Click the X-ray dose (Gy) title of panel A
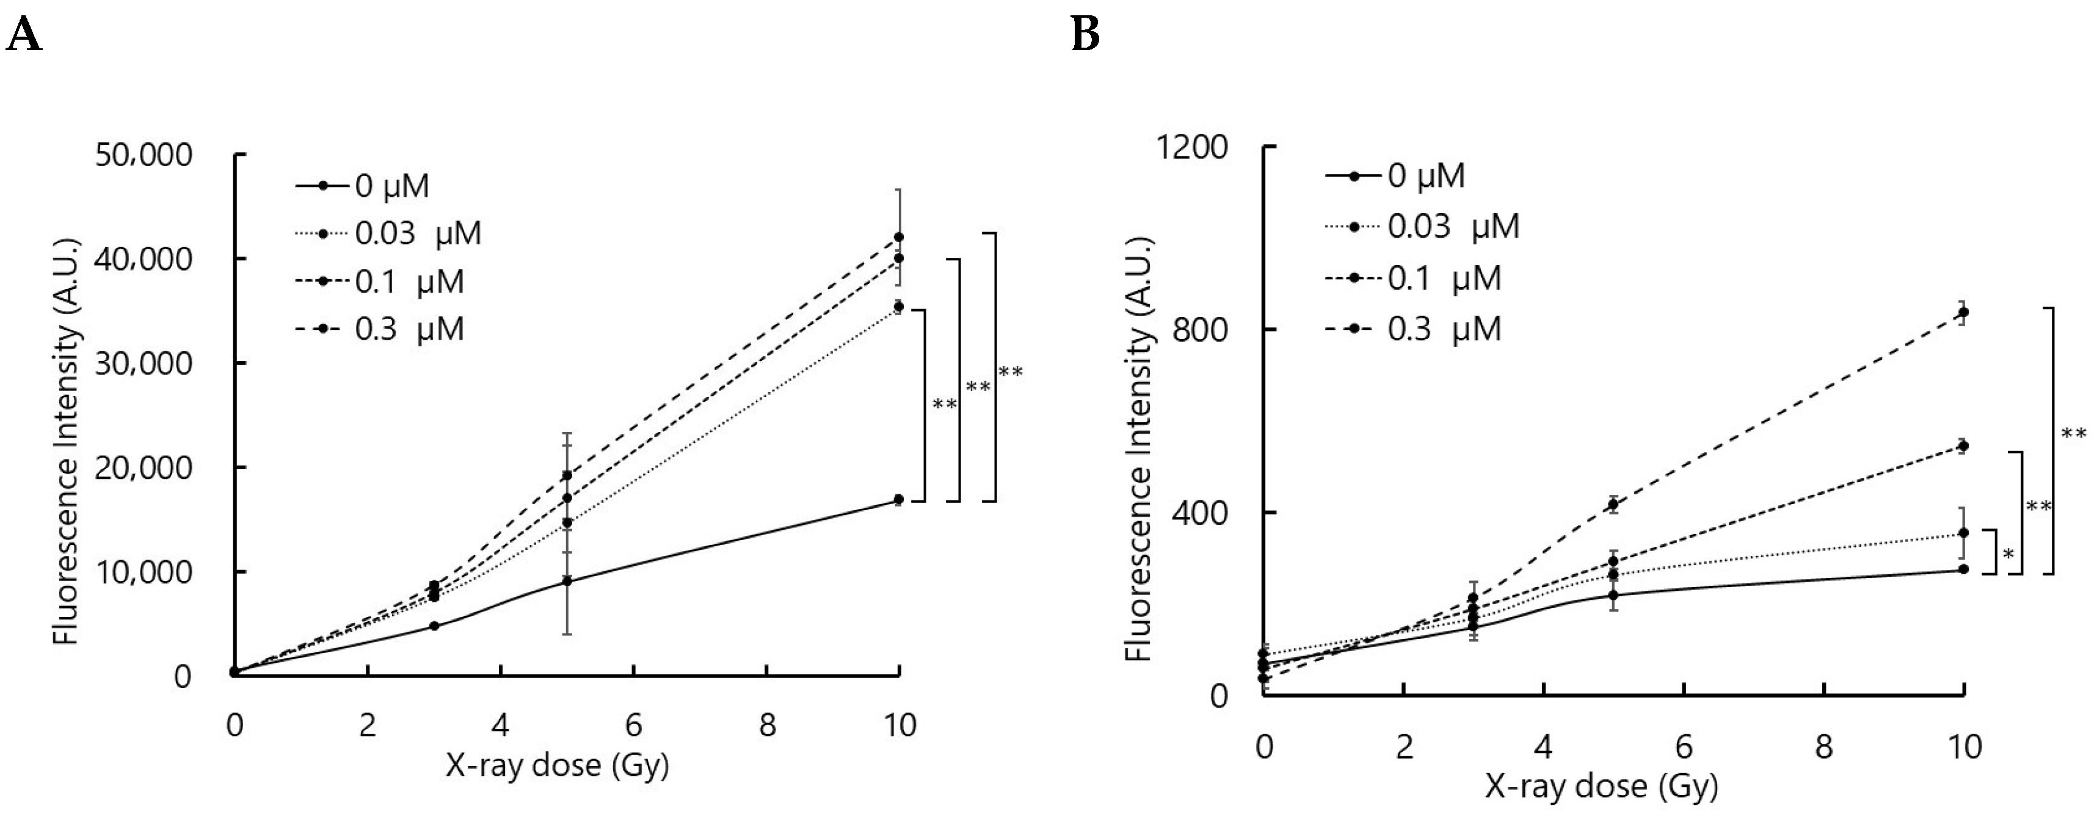pyautogui.click(x=557, y=766)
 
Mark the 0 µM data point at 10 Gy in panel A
pyautogui.click(x=898, y=499)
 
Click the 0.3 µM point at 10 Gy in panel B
pyautogui.click(x=1963, y=312)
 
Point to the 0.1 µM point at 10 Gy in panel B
pyautogui.click(x=1963, y=445)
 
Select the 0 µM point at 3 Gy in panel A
pyautogui.click(x=434, y=625)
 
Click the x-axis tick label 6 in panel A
pyautogui.click(x=633, y=725)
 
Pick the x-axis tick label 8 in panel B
pyautogui.click(x=1823, y=746)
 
